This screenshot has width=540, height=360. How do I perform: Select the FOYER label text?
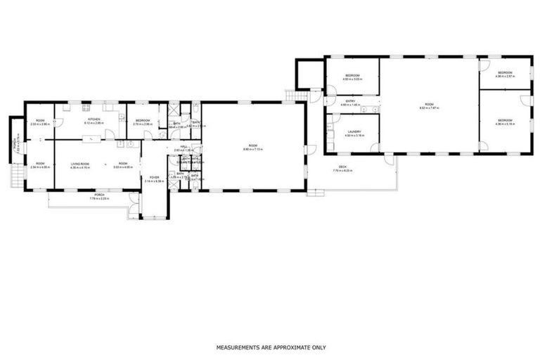click(154, 177)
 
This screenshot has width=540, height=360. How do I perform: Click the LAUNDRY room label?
click(353, 131)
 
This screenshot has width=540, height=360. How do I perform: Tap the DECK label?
click(353, 167)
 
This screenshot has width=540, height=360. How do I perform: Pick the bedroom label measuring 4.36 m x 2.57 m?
click(505, 72)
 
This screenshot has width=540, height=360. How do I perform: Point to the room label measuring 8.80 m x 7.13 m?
click(252, 146)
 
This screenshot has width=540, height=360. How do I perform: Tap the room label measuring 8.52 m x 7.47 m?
click(429, 105)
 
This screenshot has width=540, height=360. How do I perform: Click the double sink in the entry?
click(371, 110)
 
